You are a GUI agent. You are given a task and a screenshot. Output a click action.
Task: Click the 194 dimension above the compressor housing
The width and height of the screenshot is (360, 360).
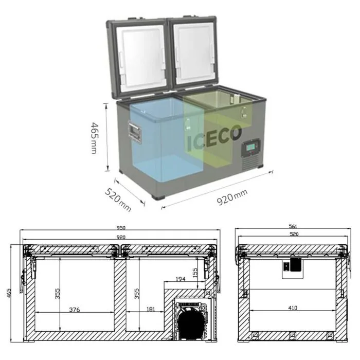(x=180, y=278)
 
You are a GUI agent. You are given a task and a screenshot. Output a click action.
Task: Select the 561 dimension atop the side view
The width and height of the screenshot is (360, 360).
(x=294, y=227)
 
